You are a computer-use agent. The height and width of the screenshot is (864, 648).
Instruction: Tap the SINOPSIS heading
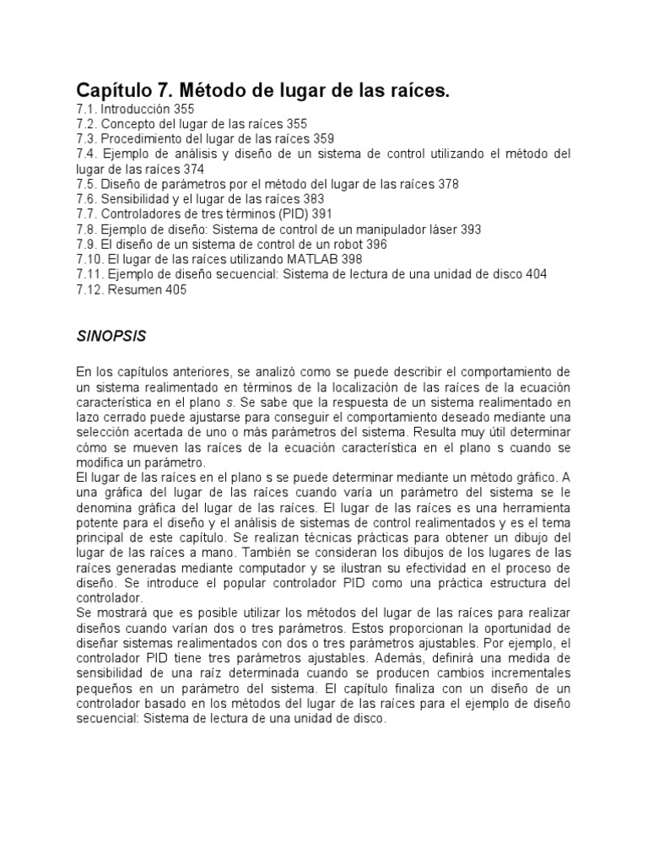[111, 336]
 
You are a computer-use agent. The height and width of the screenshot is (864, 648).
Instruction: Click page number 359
[322, 138]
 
